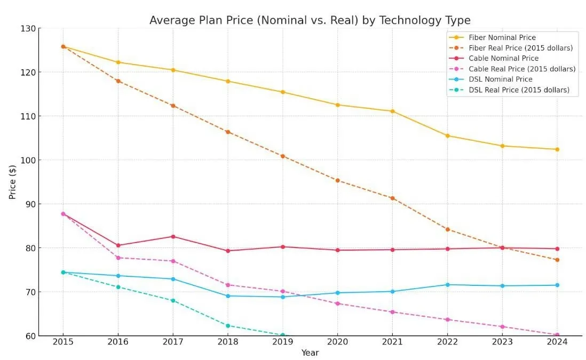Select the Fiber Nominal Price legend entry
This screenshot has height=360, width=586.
click(502, 37)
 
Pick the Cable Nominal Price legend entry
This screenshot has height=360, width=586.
click(503, 58)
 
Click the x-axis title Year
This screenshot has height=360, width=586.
click(310, 353)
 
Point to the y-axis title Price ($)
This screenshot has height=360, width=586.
click(12, 182)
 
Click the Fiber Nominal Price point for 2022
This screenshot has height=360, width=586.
click(447, 135)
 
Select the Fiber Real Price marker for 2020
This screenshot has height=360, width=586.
click(337, 180)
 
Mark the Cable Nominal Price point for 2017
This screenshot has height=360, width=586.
click(172, 236)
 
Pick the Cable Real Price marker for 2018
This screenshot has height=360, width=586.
click(228, 285)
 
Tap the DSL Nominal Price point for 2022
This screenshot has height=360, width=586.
click(447, 285)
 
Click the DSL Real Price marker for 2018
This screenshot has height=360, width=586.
click(228, 325)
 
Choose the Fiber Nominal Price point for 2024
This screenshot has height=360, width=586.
click(557, 149)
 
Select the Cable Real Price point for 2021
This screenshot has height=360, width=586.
click(392, 312)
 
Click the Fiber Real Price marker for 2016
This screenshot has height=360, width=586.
click(118, 81)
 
